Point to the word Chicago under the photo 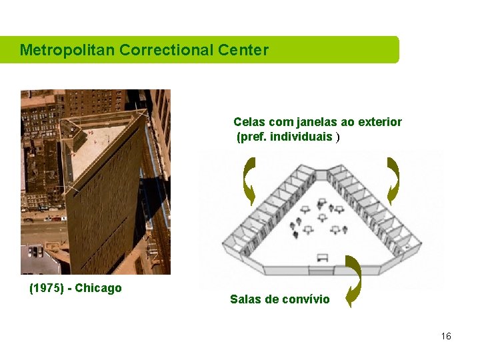(99, 289)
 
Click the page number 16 (446, 336)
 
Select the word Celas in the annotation (248, 122)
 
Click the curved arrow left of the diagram (249, 180)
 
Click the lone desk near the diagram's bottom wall (323, 257)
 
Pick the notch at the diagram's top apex (321, 175)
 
